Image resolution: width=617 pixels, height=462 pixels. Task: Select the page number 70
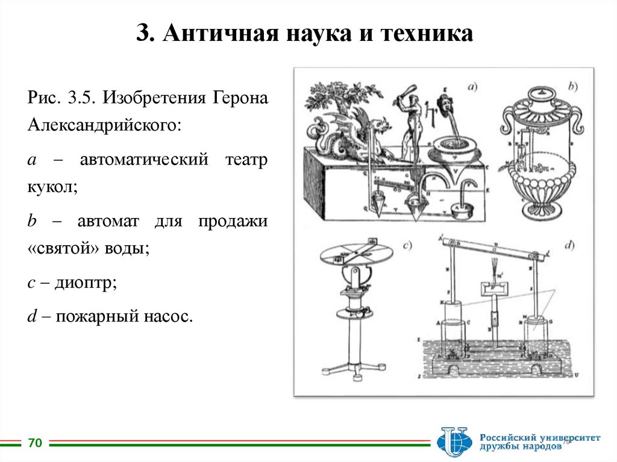(35, 444)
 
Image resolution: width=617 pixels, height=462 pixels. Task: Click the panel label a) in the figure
(471, 86)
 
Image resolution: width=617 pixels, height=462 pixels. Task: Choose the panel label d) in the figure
(569, 245)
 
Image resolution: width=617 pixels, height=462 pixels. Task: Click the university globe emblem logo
(454, 442)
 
